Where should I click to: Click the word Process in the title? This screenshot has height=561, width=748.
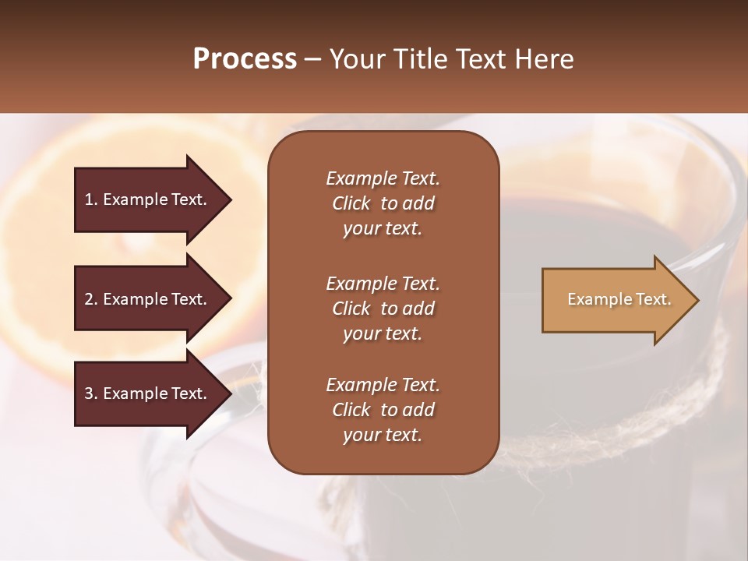[x=245, y=59]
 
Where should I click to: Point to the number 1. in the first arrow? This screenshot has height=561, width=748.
[x=91, y=199]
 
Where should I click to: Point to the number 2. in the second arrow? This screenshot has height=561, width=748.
[x=91, y=299]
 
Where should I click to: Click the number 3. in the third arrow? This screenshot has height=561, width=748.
[x=91, y=393]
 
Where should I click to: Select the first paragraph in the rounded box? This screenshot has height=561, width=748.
[x=383, y=203]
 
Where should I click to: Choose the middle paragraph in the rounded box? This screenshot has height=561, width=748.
[x=383, y=309]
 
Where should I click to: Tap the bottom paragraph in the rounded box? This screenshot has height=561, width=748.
[x=383, y=410]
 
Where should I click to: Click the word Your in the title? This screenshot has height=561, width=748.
[x=358, y=59]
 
